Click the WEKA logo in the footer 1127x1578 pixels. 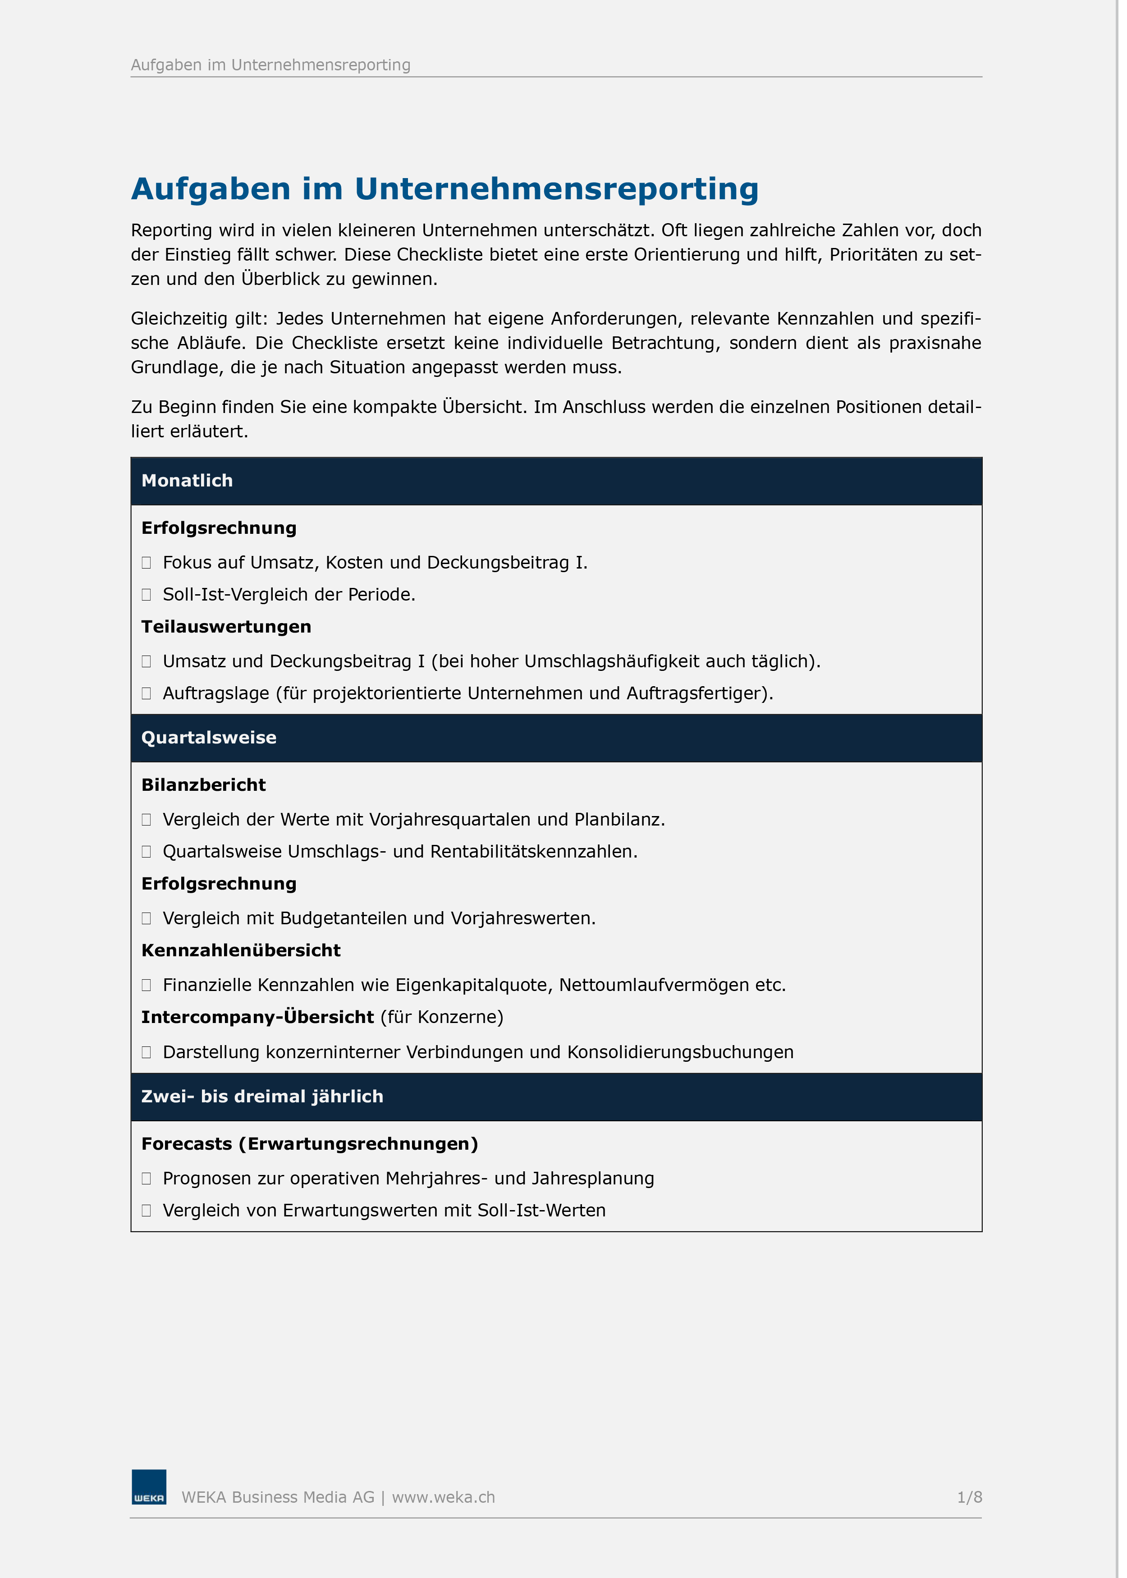pos(148,1486)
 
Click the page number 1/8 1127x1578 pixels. pos(969,1497)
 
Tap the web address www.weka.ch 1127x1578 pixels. pos(444,1497)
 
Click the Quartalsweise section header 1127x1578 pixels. pos(209,737)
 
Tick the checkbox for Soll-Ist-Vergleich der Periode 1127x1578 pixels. pos(147,595)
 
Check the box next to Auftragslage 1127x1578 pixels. pos(147,693)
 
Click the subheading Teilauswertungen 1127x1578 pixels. pos(226,627)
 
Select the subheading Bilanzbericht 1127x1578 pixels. pos(203,785)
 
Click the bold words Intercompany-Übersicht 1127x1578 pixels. pos(257,1017)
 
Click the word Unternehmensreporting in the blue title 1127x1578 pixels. pos(557,189)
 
